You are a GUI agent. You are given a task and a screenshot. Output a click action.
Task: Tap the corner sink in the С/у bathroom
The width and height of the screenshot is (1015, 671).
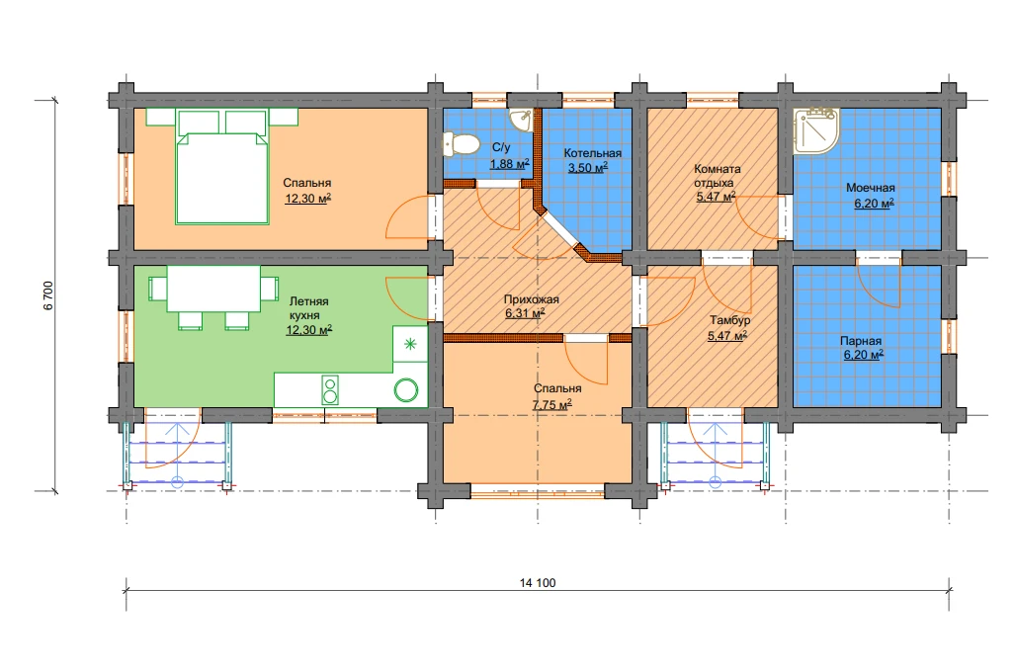point(522,119)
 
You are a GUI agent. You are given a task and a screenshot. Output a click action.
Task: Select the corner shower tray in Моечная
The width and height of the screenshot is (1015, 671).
point(815,130)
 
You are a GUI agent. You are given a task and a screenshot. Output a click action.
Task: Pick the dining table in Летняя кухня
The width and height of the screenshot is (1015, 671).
point(213,289)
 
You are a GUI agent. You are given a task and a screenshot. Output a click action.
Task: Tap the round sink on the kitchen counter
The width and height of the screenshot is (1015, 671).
point(406,390)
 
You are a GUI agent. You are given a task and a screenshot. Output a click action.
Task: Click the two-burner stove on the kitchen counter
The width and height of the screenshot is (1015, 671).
point(330,390)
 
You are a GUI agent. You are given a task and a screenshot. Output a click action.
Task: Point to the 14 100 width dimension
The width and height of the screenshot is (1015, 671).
point(538,583)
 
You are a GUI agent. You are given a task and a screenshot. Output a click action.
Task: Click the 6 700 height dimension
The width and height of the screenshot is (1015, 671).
point(49,295)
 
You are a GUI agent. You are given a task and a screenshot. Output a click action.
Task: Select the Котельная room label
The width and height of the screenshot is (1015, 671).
point(592,153)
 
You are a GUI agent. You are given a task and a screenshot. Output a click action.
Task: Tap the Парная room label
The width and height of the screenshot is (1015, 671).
point(861,341)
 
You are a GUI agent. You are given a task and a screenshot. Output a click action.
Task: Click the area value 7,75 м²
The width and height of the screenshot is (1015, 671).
point(552,404)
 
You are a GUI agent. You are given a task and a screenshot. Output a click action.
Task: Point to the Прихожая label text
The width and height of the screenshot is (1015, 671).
point(531,299)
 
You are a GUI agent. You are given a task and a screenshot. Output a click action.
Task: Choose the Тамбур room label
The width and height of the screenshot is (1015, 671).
point(729,320)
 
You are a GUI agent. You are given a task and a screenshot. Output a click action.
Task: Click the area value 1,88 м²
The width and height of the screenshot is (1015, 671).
point(509,164)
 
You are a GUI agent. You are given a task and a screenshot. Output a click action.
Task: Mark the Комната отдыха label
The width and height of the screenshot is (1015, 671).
point(717,175)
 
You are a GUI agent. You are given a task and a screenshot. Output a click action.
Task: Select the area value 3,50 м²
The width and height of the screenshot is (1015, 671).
point(588,168)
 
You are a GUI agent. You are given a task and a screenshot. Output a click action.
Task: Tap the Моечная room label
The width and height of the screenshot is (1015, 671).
point(871,189)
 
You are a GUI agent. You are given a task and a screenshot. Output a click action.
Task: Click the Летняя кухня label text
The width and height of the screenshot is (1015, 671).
point(308,308)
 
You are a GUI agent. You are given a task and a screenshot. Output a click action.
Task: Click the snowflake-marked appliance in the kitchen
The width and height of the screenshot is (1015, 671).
point(410,344)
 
